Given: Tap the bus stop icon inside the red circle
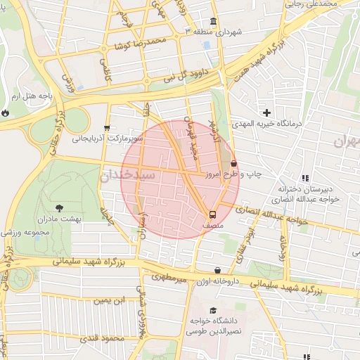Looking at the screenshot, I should (x=211, y=214).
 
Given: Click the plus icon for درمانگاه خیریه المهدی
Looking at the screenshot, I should (x=266, y=112).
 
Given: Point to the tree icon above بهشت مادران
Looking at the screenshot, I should (x=58, y=207).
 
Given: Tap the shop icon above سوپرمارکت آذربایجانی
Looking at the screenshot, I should (x=106, y=128).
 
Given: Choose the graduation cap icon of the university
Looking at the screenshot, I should (x=213, y=310).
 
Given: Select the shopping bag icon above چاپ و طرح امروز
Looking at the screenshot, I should (x=233, y=162).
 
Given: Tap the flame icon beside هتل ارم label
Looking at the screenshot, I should (x=6, y=111).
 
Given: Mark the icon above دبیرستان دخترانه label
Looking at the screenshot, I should (x=304, y=178).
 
